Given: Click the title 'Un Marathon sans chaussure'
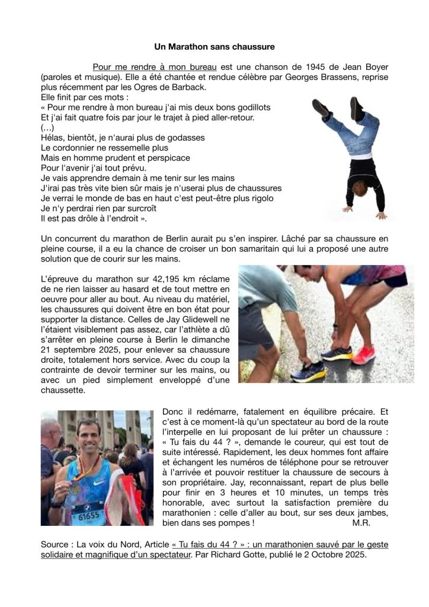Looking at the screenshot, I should click(214, 46).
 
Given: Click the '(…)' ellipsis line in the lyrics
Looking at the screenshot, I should click(47, 127).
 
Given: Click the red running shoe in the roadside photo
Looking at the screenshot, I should click(363, 355).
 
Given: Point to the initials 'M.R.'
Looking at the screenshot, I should click(361, 523).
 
